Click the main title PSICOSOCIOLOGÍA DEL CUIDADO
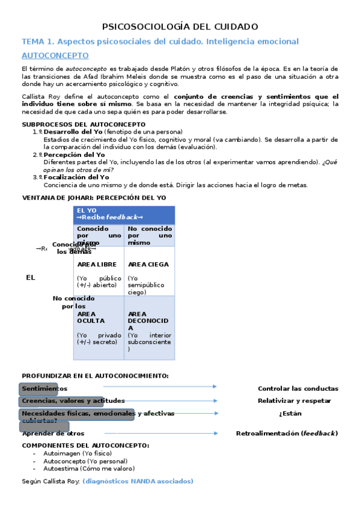180,26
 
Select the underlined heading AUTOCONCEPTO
55,56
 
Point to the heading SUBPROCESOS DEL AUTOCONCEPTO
84,124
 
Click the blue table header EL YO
87,210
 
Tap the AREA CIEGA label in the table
148,264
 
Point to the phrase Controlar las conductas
298,389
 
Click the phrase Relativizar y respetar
294,401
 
